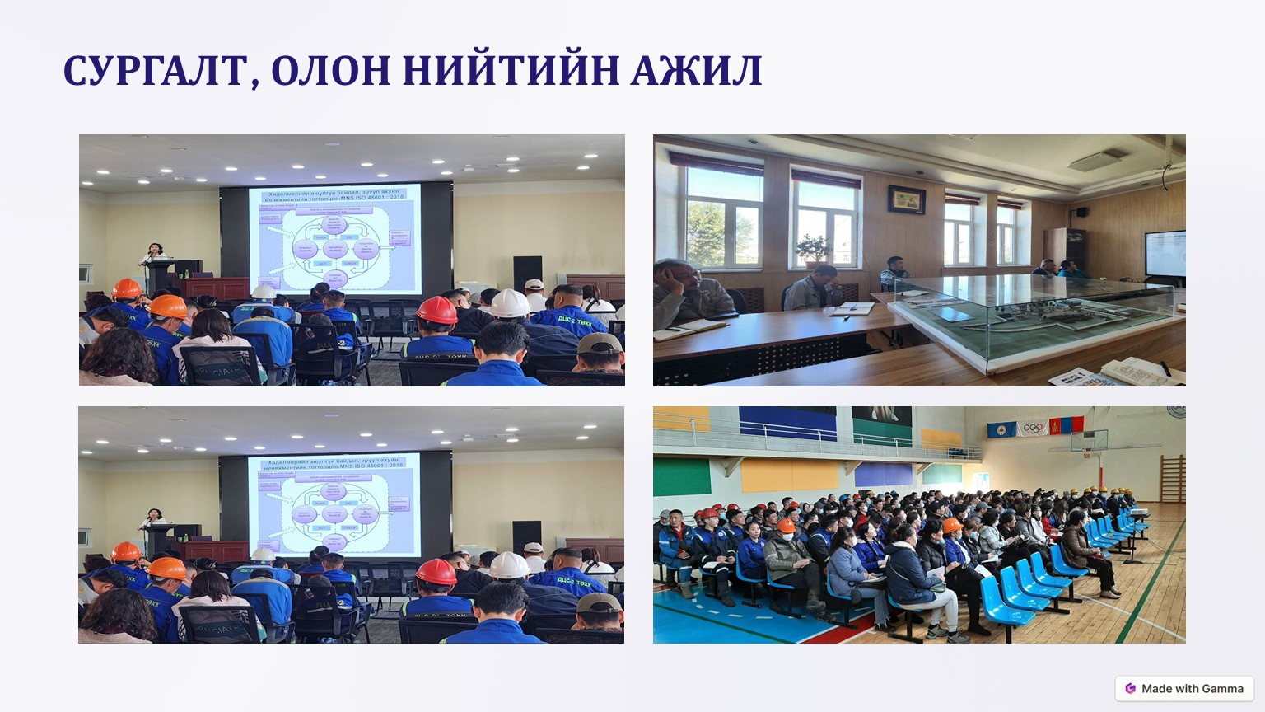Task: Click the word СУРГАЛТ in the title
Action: point(154,71)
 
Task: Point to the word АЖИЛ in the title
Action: point(696,71)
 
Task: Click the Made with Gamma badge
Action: point(1184,688)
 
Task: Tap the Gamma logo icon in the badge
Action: point(1130,688)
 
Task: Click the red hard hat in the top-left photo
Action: point(436,311)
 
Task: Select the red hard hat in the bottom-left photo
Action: point(436,571)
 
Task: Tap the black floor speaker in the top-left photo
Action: point(527,273)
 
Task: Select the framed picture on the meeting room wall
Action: point(906,199)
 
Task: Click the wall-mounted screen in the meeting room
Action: point(1165,253)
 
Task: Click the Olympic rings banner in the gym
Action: point(1033,428)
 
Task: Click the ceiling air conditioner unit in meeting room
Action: point(1099,159)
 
